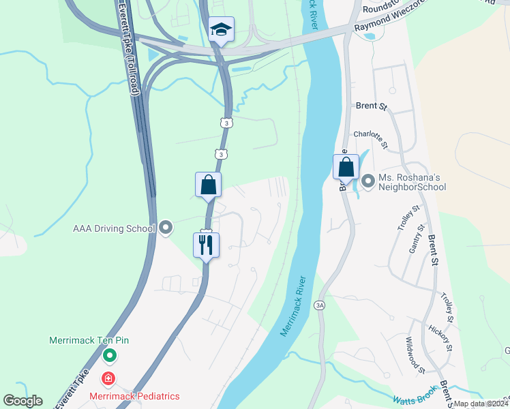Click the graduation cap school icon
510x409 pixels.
click(220, 30)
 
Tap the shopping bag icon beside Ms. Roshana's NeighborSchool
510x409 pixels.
click(346, 167)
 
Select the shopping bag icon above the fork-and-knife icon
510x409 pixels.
click(208, 185)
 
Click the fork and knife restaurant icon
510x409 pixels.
click(207, 244)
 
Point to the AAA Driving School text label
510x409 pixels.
click(114, 228)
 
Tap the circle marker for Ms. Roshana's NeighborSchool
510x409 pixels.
click(368, 181)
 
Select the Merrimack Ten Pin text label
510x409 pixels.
click(89, 340)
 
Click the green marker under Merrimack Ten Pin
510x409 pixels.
click(109, 355)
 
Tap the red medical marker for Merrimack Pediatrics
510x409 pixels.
click(108, 378)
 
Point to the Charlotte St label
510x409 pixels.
click(370, 140)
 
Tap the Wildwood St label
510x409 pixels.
click(415, 356)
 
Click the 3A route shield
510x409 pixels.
click(320, 305)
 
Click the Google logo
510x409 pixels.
click(22, 400)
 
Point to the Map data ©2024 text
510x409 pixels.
click(480, 404)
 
